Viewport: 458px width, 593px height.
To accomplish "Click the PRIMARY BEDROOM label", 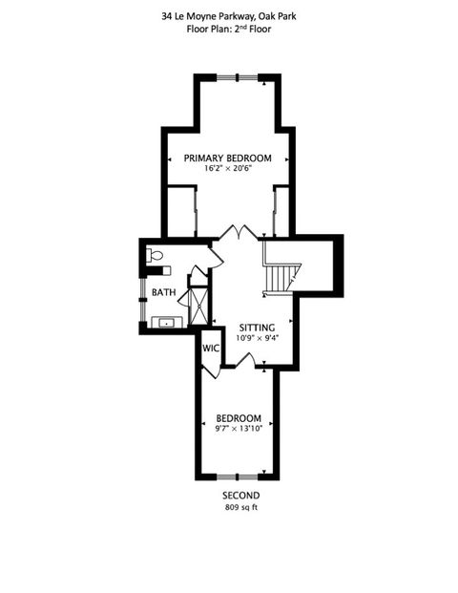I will pos(228,158).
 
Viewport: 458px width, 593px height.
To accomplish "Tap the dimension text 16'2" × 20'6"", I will pos(228,169).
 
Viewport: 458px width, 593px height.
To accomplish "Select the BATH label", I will pos(162,293).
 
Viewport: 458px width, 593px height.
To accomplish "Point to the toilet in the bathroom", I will pos(156,256).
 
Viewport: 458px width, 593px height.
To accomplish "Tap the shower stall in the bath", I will pos(198,306).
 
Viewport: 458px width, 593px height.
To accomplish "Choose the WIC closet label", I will pos(211,348).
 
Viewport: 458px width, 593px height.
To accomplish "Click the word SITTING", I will pos(257,327).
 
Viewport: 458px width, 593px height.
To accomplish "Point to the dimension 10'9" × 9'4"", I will pos(257,338).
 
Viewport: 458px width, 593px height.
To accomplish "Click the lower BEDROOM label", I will pos(239,418).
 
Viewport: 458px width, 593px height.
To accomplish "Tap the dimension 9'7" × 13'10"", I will pos(239,430).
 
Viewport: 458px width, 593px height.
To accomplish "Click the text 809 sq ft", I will pos(240,508).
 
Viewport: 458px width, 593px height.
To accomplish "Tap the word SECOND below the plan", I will pos(240,497).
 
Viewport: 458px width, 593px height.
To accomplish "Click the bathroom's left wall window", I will pos(143,301).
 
